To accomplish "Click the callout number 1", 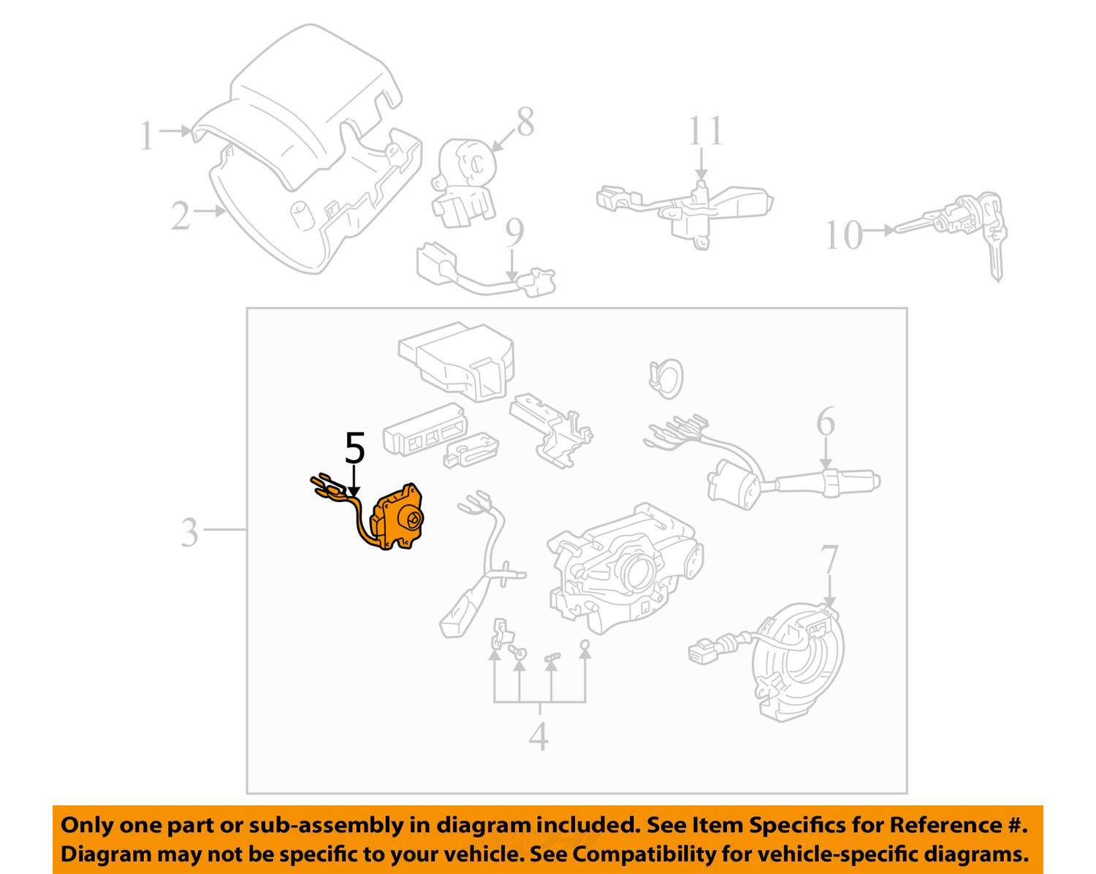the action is tap(147, 135).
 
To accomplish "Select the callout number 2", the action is tap(180, 215).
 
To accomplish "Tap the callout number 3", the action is tap(189, 533).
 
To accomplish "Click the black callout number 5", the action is tap(355, 448).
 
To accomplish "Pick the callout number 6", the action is tap(826, 421).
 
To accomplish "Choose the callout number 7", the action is tap(829, 560).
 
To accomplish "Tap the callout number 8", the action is tap(525, 122).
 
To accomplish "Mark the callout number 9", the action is tap(514, 233).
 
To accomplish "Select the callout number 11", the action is tap(705, 131).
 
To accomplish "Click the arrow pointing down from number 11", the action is tap(701, 163).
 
